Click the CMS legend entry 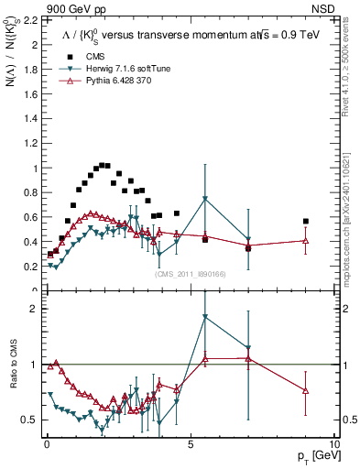tap(84, 56)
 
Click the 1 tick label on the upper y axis tap(35, 168)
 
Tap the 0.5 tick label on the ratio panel tap(29, 420)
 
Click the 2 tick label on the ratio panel tap(35, 309)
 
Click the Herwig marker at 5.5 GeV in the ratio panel tap(205, 317)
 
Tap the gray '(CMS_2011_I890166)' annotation tap(189, 273)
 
